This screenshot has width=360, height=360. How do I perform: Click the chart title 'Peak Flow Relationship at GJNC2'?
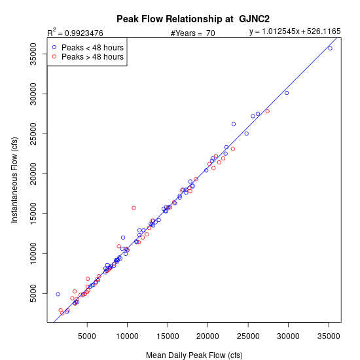(x=193, y=19)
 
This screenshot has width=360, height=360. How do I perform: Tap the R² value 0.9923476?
(x=84, y=33)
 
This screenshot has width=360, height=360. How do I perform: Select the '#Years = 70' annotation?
(x=193, y=33)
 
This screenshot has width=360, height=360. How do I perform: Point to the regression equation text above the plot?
(x=295, y=31)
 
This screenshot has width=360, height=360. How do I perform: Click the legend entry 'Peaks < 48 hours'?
(x=92, y=48)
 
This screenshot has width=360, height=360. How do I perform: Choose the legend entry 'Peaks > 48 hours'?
(x=92, y=57)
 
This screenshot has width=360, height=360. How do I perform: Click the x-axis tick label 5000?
(x=87, y=336)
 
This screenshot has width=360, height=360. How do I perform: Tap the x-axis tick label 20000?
(x=207, y=336)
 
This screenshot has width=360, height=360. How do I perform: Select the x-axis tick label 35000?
(x=329, y=336)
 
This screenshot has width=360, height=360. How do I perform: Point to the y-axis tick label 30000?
(x=33, y=94)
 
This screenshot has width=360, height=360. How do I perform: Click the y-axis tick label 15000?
(x=33, y=214)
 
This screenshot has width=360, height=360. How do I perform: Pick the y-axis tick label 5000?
(x=33, y=293)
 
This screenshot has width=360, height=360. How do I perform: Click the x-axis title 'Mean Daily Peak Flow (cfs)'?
(x=194, y=355)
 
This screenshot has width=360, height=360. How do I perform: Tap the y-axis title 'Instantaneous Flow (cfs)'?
(x=14, y=180)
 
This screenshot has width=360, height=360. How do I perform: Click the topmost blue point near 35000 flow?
(x=330, y=48)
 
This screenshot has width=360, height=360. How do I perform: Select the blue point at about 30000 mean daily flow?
(x=287, y=93)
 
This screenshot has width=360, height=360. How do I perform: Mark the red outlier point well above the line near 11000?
(x=134, y=208)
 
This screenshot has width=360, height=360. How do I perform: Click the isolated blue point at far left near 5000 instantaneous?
(x=58, y=294)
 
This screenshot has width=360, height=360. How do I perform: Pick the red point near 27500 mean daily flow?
(x=267, y=111)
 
